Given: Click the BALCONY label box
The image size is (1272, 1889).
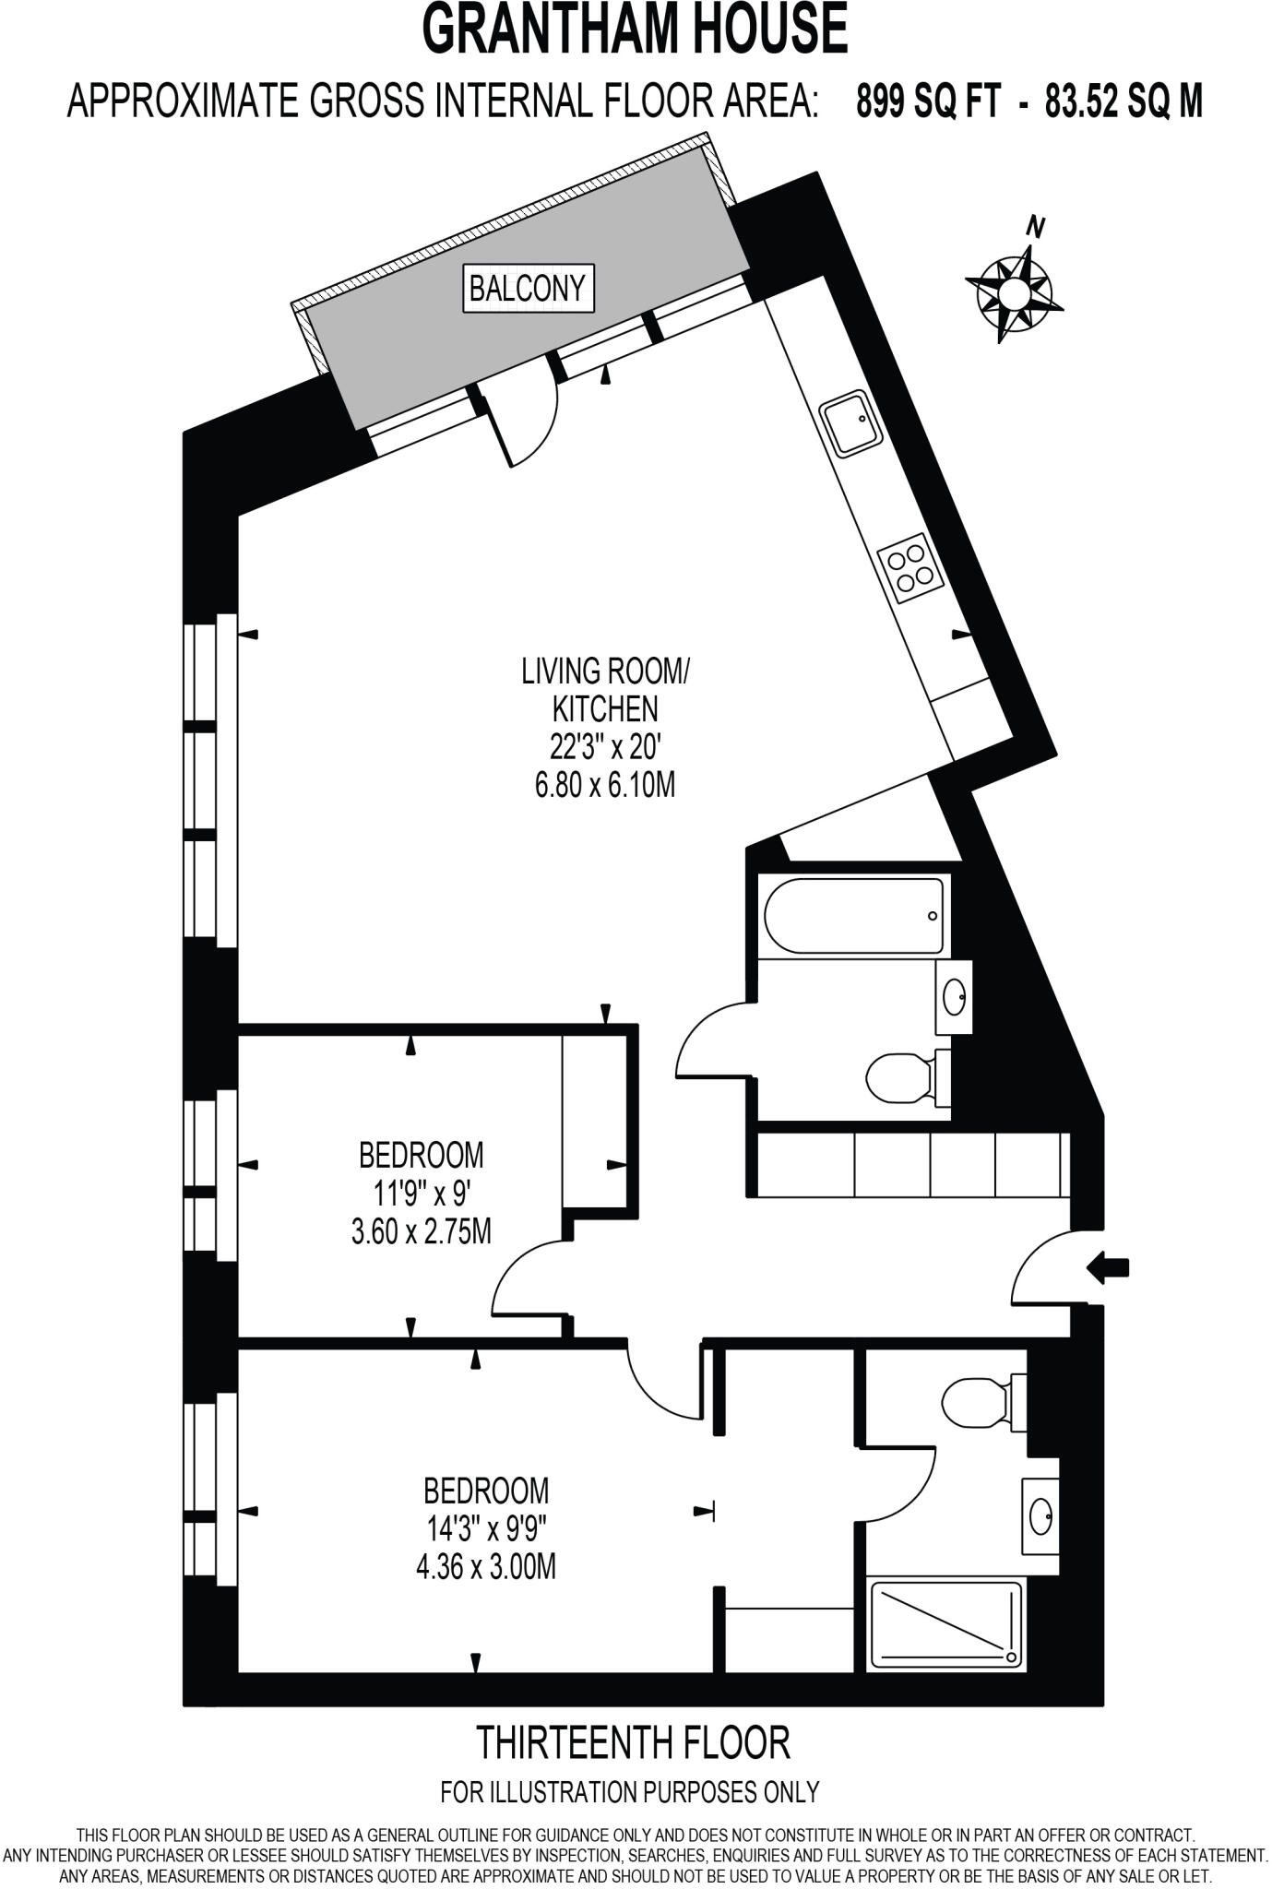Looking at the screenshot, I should point(528,289).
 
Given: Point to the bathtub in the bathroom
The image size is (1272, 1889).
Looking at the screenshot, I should point(853,916).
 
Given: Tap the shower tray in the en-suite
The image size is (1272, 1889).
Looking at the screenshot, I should point(946,1623).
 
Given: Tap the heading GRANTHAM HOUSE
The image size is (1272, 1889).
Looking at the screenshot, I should point(635,30).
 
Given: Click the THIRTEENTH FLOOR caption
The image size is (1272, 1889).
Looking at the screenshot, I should point(633,1742).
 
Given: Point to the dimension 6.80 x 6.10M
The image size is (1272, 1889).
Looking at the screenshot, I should point(604,785).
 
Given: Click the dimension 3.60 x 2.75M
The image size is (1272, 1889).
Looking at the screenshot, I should point(421,1231).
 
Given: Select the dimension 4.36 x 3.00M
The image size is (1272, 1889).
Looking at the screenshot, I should point(486,1566).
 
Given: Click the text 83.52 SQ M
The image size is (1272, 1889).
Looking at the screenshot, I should point(1123,101).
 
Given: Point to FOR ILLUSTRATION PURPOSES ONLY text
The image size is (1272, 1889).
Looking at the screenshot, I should point(630,1792).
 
